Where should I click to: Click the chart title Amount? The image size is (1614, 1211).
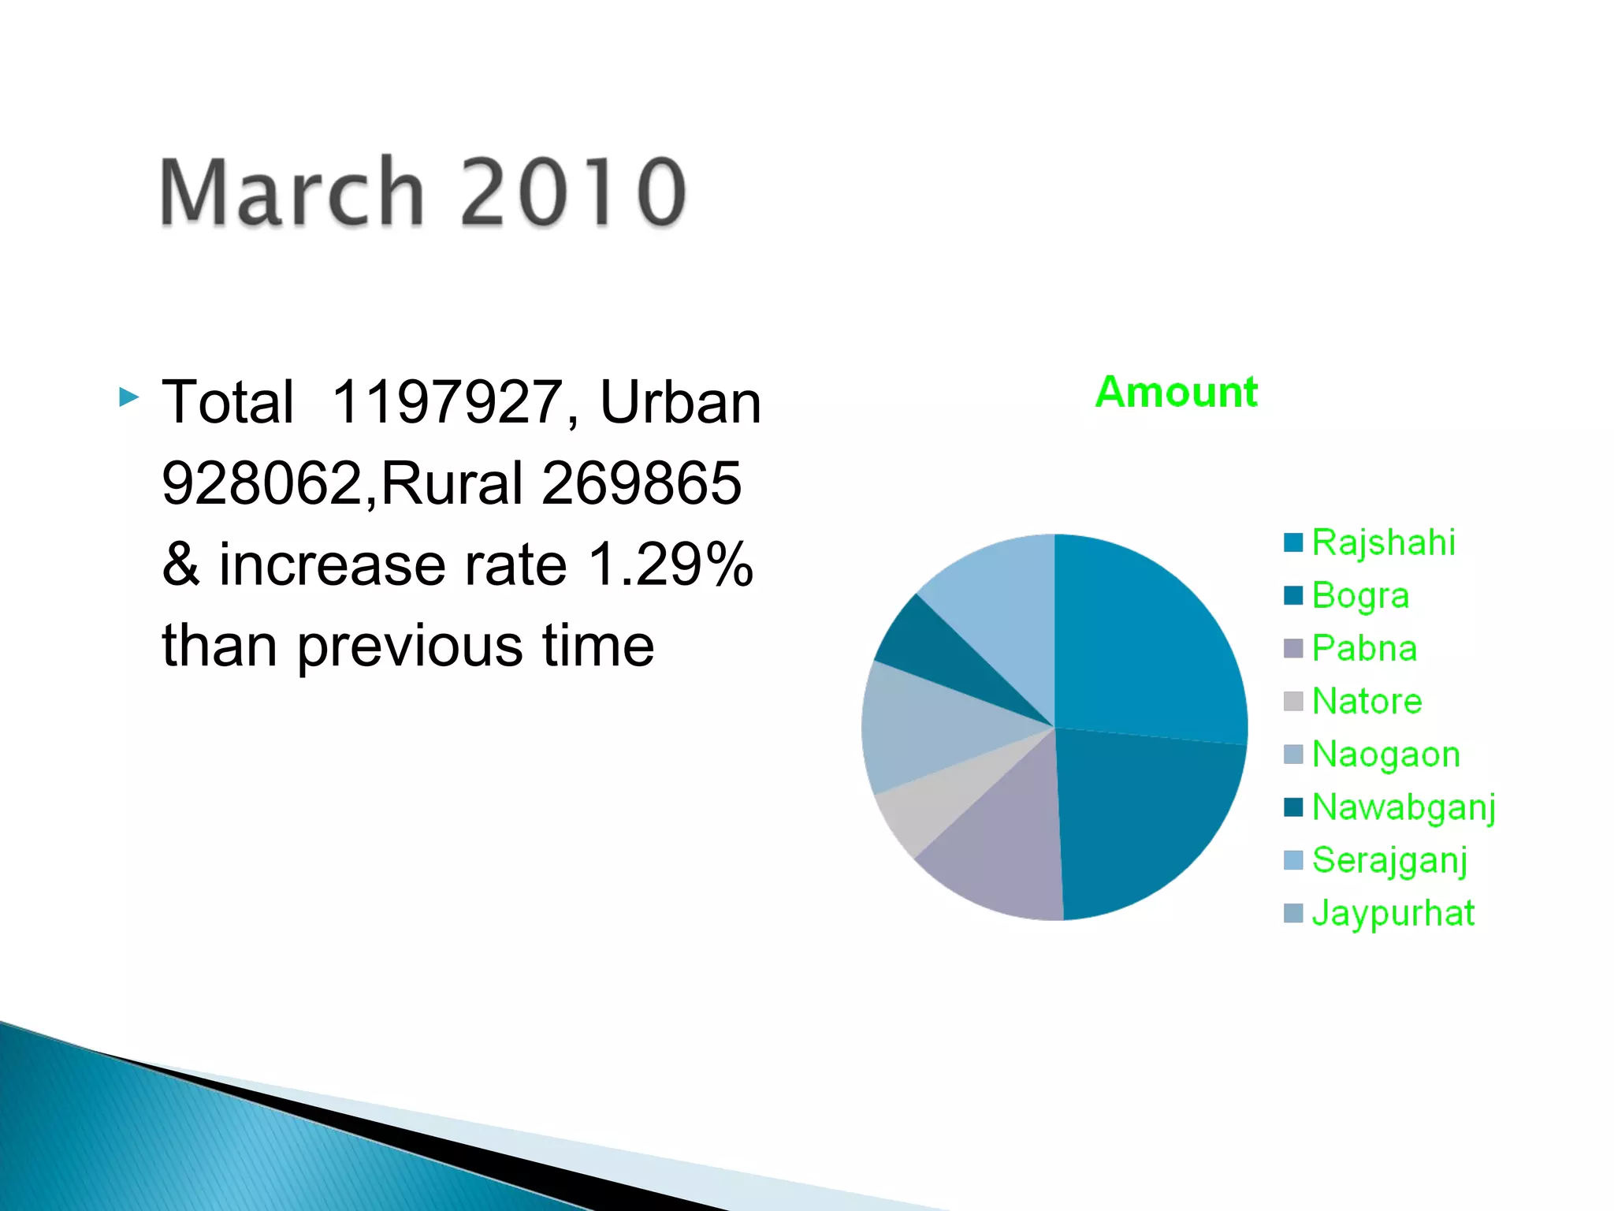pyautogui.click(x=1176, y=392)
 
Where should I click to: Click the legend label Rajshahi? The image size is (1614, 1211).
pyautogui.click(x=1383, y=542)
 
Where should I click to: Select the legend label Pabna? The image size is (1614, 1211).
pyautogui.click(x=1364, y=648)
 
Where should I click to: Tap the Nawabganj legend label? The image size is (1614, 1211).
pyautogui.click(x=1404, y=807)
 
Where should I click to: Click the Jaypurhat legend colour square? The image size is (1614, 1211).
pyautogui.click(x=1293, y=913)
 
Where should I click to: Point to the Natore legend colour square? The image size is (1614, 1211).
pyautogui.click(x=1293, y=701)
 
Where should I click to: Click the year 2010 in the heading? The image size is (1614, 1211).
pyautogui.click(x=573, y=192)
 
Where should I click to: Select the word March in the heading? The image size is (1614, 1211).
pyautogui.click(x=292, y=192)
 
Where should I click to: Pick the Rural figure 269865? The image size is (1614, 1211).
pyautogui.click(x=642, y=483)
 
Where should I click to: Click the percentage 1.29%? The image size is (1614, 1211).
pyautogui.click(x=670, y=565)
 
